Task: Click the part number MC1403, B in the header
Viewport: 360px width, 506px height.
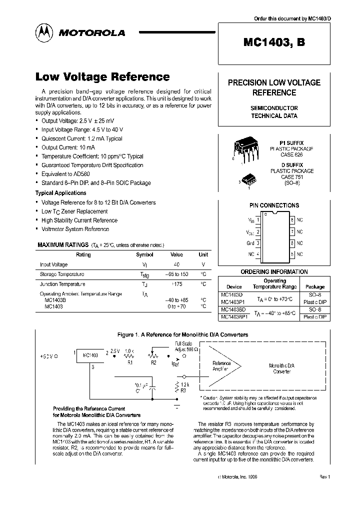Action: (274, 42)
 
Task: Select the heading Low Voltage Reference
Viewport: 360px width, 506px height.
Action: (102, 77)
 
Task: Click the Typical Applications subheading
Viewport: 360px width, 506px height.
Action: (60, 193)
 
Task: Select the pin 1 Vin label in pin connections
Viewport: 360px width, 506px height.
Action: (251, 219)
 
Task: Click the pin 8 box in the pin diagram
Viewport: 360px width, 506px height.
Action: (292, 219)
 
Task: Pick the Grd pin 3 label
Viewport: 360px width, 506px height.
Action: (251, 243)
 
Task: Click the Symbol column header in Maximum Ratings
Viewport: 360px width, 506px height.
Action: (144, 254)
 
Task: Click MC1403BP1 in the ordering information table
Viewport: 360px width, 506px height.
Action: (234, 317)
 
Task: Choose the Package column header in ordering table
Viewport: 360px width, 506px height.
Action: (314, 287)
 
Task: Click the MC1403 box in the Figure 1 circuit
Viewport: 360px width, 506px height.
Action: (90, 355)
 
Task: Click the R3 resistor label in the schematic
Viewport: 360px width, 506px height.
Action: (184, 390)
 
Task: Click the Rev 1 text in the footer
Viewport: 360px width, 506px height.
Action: (324, 477)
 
